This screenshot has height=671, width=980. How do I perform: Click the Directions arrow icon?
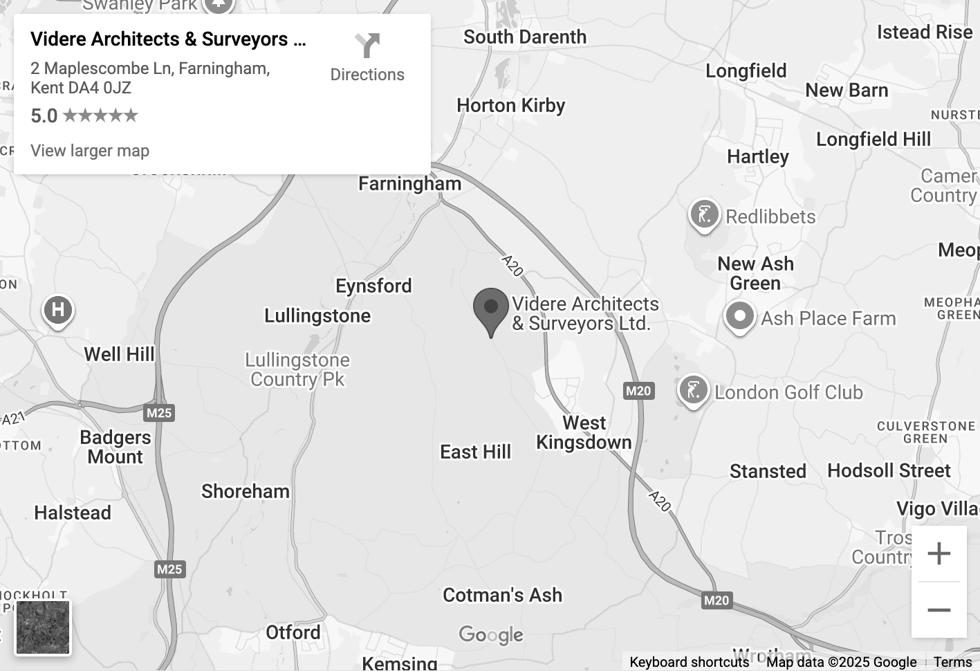[x=367, y=46]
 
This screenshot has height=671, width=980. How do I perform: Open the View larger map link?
[x=90, y=151]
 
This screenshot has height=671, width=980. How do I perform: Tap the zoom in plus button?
[x=939, y=553]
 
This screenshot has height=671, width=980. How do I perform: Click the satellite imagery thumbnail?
[x=43, y=627]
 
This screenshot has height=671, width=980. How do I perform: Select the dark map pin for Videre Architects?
[x=491, y=309]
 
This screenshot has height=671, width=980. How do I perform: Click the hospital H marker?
[x=58, y=309]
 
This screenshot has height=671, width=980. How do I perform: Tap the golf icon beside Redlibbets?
[x=704, y=214]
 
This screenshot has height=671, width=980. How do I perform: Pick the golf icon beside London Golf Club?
[x=693, y=390]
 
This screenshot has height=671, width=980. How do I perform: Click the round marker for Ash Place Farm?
[x=739, y=317]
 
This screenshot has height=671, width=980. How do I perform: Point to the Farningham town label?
[x=409, y=184]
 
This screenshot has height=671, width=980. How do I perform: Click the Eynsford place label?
[x=373, y=286]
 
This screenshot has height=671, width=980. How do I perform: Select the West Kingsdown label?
[x=584, y=432]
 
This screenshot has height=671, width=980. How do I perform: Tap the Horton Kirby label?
[x=511, y=105]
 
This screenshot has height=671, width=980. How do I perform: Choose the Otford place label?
[x=293, y=632]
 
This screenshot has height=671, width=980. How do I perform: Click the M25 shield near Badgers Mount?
[x=159, y=413]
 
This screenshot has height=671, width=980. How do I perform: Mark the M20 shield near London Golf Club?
[x=638, y=391]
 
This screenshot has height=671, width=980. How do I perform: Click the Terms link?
[x=952, y=662]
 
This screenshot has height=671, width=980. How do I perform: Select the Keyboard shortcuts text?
[x=689, y=662]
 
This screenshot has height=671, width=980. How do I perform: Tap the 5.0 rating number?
[x=44, y=116]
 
